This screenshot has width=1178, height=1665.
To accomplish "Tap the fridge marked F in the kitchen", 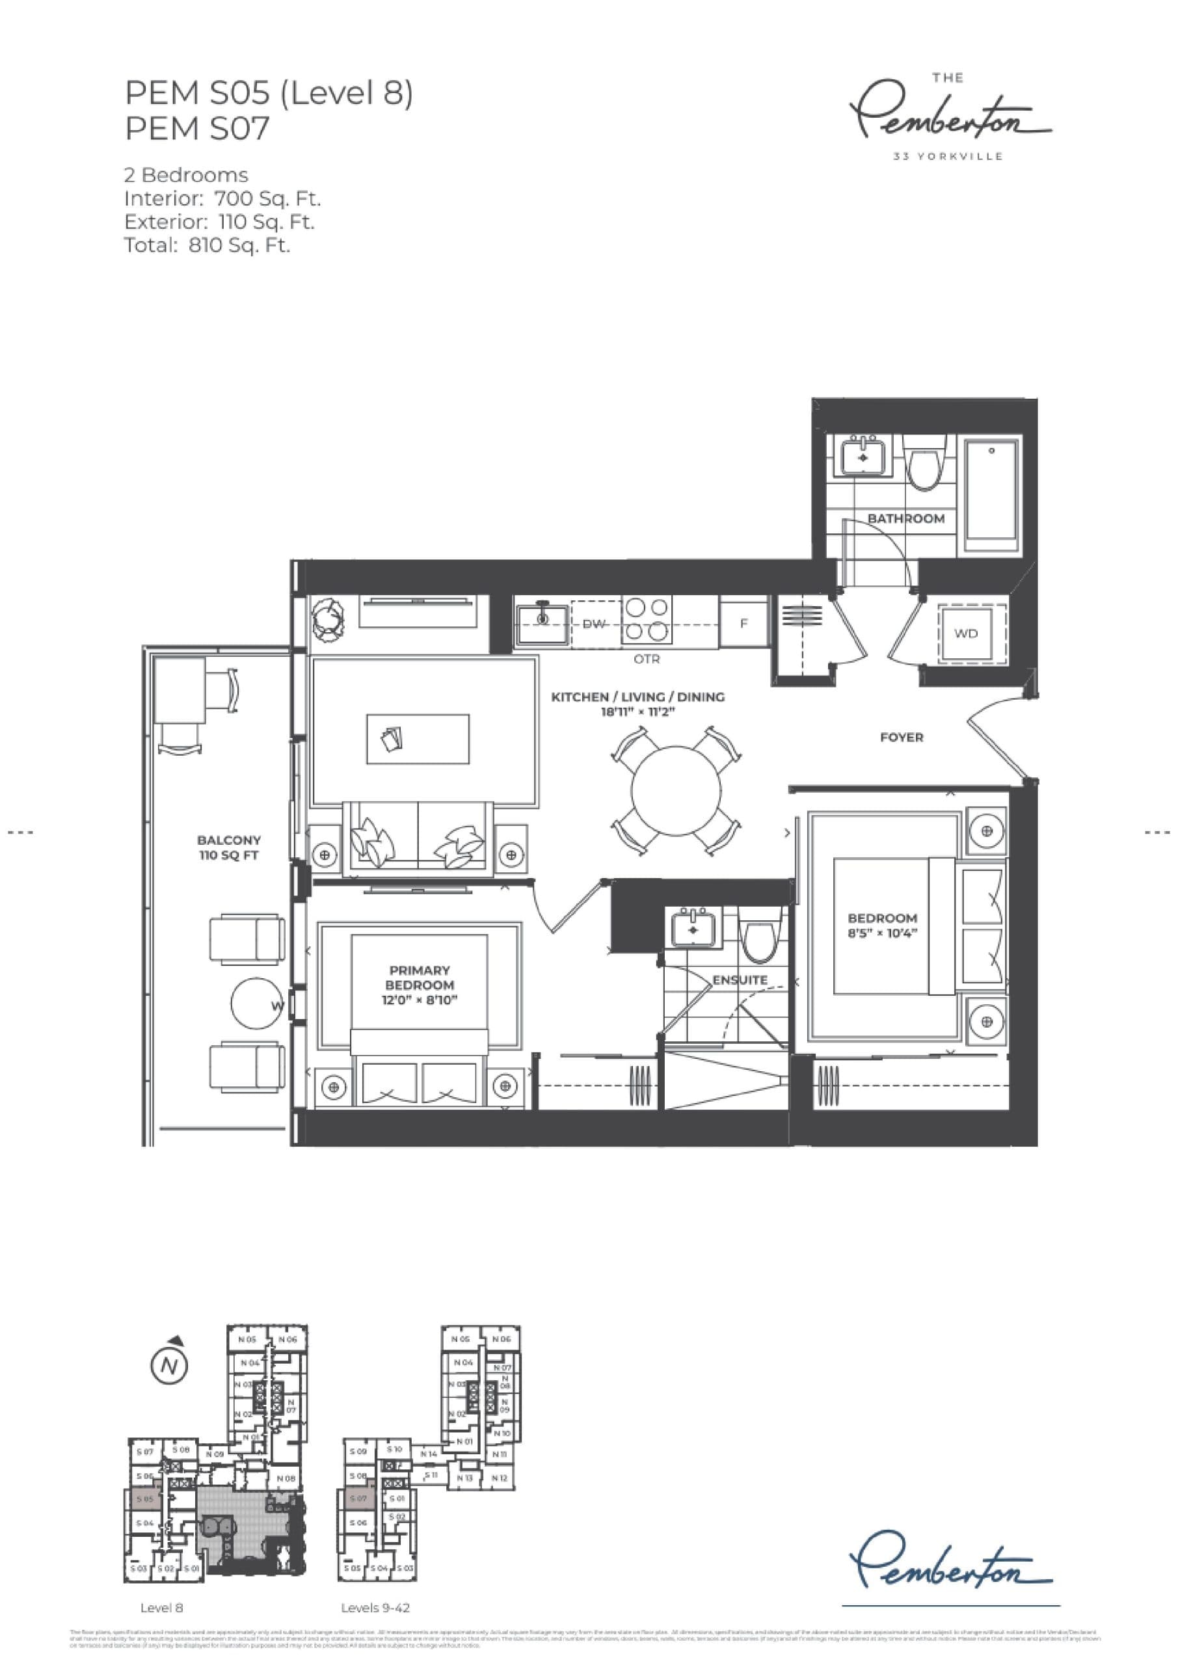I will [743, 623].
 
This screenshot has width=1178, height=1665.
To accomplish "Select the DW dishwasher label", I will [594, 624].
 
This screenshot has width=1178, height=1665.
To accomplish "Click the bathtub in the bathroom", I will [991, 494].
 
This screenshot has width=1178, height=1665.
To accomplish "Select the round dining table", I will [675, 791].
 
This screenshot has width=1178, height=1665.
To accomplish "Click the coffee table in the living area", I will [418, 739].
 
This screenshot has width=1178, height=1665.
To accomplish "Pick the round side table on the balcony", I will [257, 1004].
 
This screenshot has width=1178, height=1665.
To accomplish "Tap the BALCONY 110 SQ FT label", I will [228, 847].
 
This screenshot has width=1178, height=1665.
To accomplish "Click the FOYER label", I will [902, 738].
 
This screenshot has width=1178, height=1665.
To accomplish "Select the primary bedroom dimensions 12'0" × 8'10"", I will [420, 1000].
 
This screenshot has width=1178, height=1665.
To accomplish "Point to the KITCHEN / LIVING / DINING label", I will [637, 697].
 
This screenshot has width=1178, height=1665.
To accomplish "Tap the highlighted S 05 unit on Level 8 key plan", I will [144, 1498].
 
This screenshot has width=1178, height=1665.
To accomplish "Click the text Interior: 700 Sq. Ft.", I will [222, 199].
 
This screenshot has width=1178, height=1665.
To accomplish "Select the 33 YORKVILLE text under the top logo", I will [948, 157].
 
